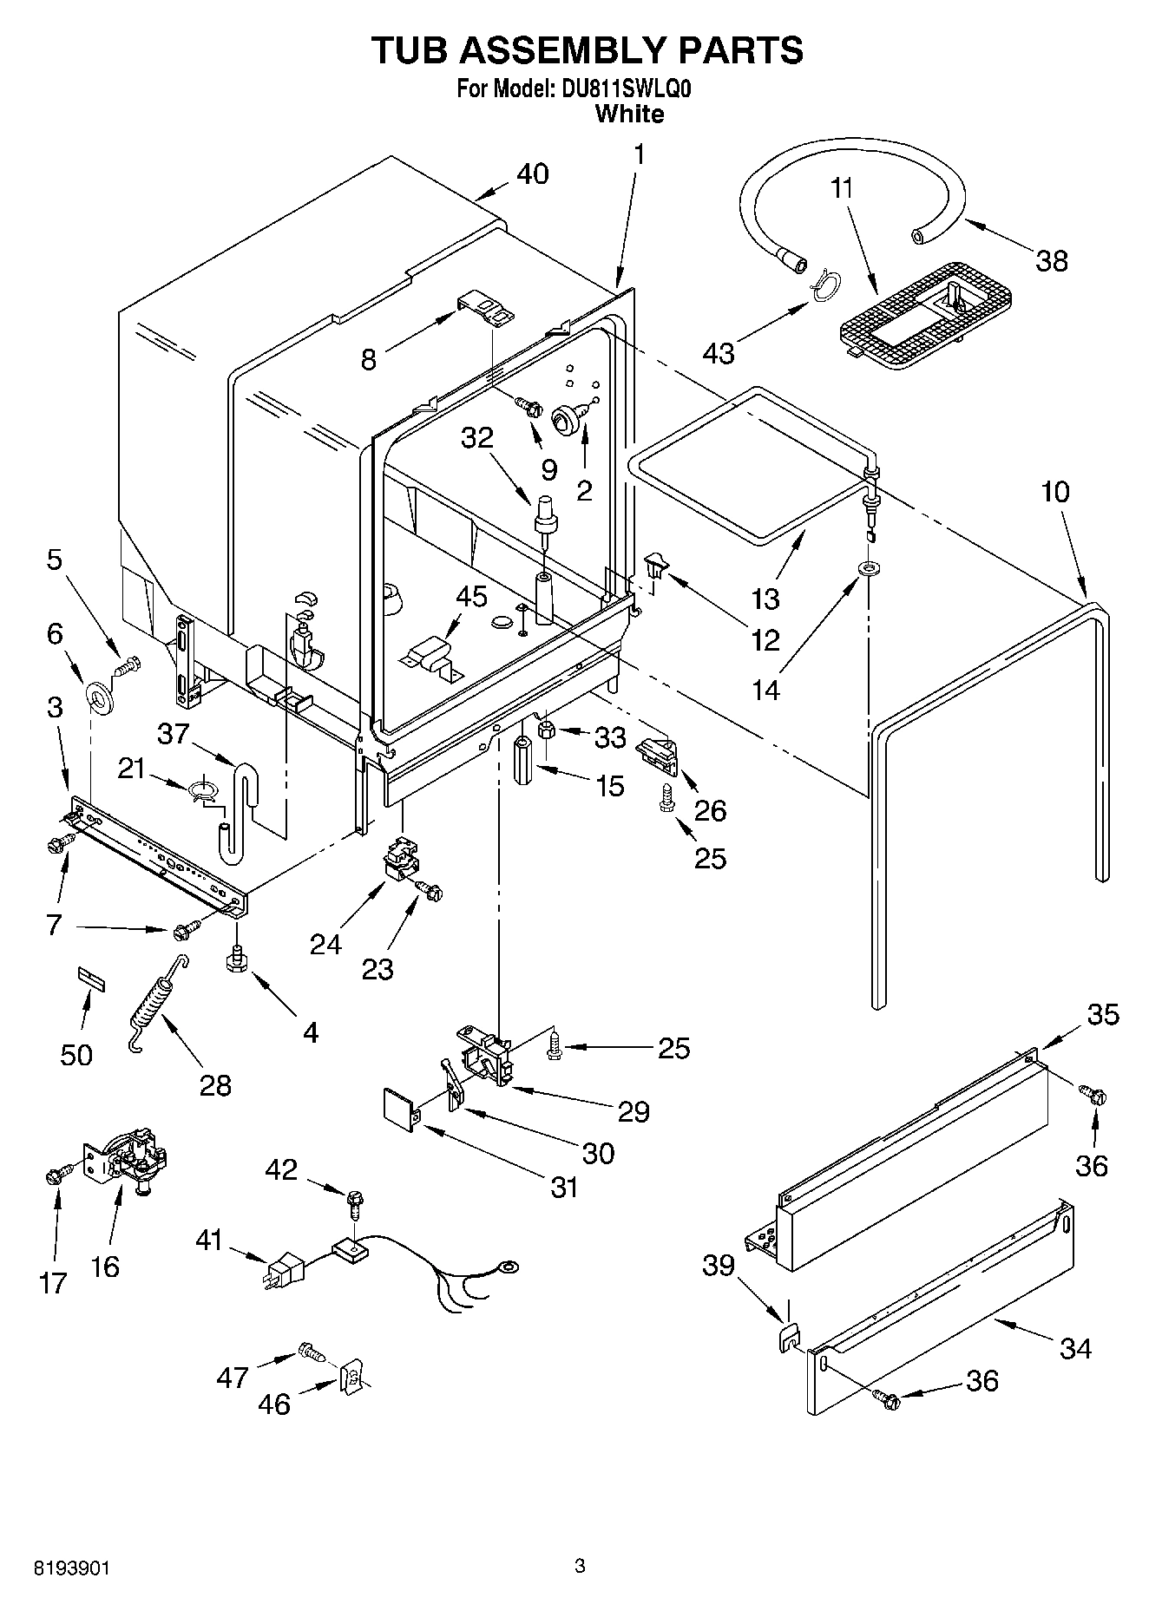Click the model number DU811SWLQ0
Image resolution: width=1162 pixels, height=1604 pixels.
tap(621, 88)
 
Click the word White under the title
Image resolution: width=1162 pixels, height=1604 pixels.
tap(629, 114)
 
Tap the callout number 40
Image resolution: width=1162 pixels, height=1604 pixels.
tap(532, 173)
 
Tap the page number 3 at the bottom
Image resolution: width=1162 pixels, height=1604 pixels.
tap(581, 1566)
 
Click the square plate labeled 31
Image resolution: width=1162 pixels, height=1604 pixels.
tap(401, 1110)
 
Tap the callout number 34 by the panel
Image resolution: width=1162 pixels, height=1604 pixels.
tap(1075, 1347)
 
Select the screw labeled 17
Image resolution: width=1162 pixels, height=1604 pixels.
tap(54, 1176)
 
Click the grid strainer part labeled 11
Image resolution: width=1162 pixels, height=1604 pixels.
tap(926, 314)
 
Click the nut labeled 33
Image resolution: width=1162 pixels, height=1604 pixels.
tap(548, 730)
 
